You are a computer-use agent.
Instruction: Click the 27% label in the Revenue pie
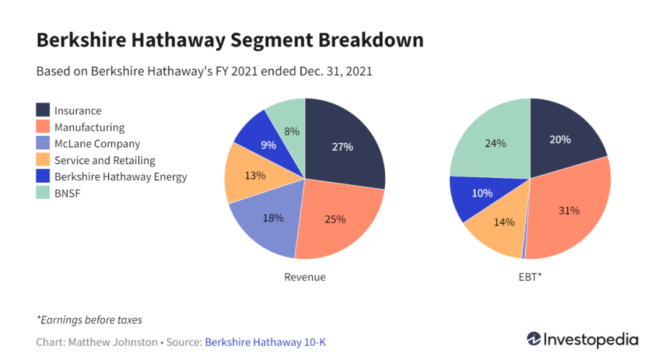click(x=342, y=147)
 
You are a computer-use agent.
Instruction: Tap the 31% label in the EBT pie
click(x=569, y=211)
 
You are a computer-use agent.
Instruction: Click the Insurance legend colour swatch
click(x=43, y=110)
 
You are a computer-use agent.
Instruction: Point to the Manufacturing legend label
click(x=89, y=128)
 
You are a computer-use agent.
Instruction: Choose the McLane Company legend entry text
click(x=97, y=144)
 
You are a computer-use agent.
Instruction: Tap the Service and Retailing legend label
click(x=105, y=160)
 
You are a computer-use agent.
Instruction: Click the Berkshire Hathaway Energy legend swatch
click(x=43, y=177)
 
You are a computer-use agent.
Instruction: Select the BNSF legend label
click(x=68, y=193)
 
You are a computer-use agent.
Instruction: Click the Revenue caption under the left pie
click(x=305, y=277)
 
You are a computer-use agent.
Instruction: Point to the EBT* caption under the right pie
click(x=530, y=277)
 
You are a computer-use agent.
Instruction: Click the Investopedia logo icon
click(x=534, y=340)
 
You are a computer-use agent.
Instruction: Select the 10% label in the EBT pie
click(x=483, y=193)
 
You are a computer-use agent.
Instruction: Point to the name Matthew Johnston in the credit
click(x=113, y=342)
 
